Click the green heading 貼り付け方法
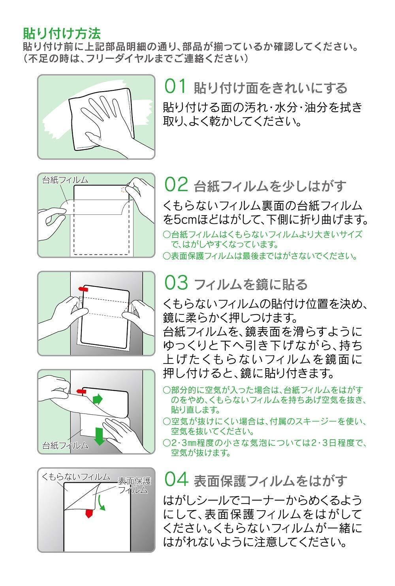pos(62,32)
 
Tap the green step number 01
pos(175,87)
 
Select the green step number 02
pos(175,184)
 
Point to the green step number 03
pos(175,283)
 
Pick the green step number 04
pos(175,479)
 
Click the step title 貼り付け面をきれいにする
pos(270,88)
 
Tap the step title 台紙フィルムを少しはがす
pos(270,185)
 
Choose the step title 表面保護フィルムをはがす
pos(270,480)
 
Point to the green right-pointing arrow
pos(97,399)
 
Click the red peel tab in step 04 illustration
pos(89,514)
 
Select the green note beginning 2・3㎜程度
pos(265,447)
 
